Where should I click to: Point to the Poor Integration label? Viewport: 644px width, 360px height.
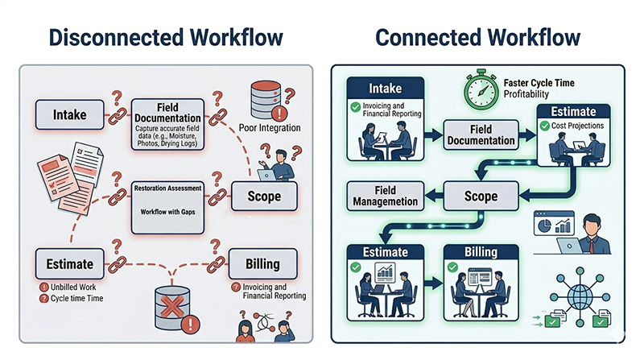pos(270,128)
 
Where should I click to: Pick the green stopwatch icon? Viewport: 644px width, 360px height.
pos(481,90)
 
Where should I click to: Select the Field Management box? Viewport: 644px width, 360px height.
pos(385,196)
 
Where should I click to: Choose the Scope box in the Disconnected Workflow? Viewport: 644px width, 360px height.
pos(264,196)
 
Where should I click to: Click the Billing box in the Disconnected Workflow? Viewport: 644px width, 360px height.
pos(263,263)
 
